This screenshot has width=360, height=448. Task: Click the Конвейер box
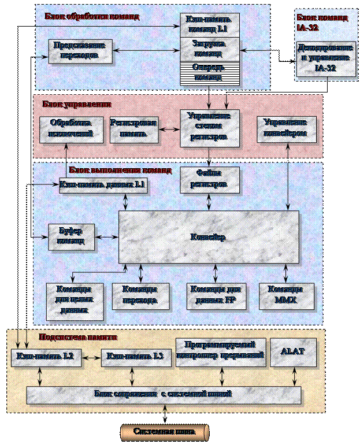click(209, 237)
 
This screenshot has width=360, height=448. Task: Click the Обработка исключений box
click(66, 129)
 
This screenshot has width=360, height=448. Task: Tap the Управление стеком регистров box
click(209, 127)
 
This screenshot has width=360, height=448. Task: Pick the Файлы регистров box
click(209, 178)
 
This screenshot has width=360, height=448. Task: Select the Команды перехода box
click(142, 295)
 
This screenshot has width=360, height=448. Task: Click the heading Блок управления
click(76, 104)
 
